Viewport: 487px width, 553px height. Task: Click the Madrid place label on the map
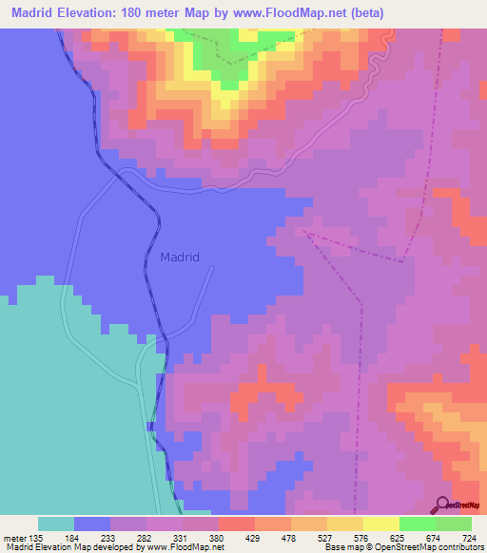180,257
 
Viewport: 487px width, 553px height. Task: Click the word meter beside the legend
16,538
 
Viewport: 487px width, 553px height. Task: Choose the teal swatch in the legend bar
56,524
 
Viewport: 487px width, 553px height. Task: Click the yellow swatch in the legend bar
380,524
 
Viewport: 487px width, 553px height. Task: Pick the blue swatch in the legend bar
92,524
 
